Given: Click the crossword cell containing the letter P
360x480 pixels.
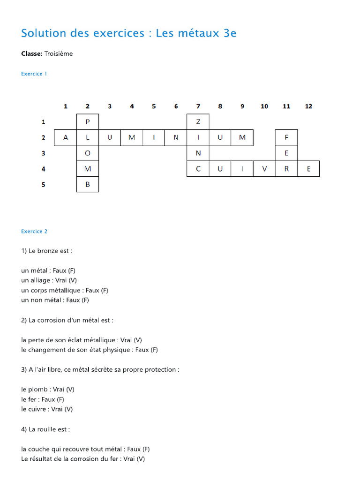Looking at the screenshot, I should click(88, 122).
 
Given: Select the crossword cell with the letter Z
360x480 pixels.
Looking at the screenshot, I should click(198, 122).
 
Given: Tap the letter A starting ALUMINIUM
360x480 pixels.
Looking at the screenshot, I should click(66, 137).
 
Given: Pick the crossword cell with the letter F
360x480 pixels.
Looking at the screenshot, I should click(286, 137).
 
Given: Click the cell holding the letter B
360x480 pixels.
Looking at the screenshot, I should click(88, 184).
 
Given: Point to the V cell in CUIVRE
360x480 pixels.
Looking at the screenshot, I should click(264, 169).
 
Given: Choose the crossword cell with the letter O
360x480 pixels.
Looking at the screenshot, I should click(88, 153).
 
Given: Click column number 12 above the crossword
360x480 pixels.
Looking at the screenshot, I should click(308, 106).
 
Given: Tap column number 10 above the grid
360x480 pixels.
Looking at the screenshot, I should click(264, 106).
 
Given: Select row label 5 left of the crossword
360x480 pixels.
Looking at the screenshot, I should click(44, 184).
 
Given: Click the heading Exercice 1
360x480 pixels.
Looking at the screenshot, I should click(34, 74).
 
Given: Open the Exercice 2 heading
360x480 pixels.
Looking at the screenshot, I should click(34, 231).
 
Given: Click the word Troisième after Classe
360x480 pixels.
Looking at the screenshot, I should click(59, 53).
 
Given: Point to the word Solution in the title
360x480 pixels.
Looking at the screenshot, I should click(43, 33).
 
